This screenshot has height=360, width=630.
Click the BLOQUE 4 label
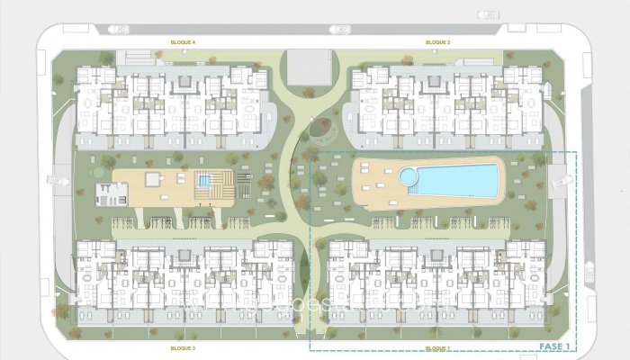click(x=184, y=42)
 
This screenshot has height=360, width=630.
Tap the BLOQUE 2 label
click(x=437, y=42)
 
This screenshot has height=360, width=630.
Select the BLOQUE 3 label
click(x=184, y=346)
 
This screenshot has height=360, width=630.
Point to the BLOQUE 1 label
click(x=437, y=346)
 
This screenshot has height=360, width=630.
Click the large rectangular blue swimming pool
click(x=455, y=177)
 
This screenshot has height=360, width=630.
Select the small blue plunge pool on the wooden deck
click(x=205, y=181)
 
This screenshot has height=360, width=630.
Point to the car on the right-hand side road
click(x=589, y=270)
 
